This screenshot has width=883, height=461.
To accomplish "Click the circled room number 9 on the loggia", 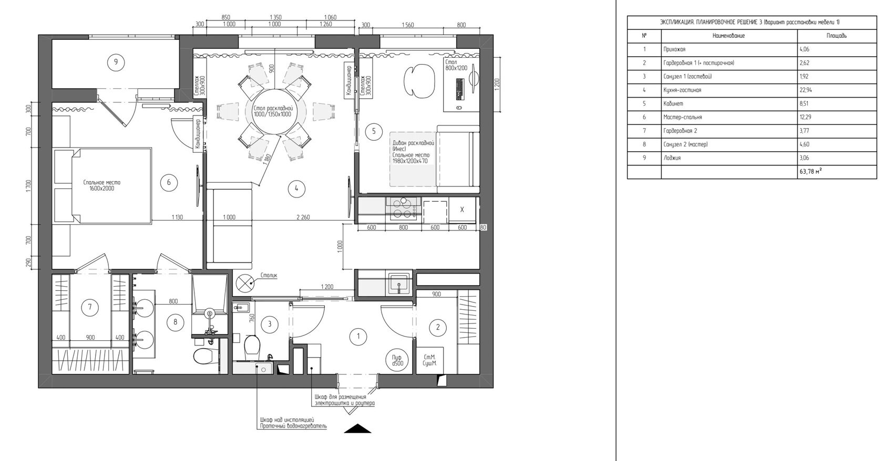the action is [116, 62].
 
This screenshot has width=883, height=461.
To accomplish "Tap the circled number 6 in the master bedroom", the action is [169, 182].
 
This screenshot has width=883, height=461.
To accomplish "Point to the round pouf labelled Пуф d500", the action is [398, 360].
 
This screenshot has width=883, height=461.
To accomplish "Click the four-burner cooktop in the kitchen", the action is [403, 208].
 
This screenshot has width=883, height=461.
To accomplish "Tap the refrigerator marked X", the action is [462, 209].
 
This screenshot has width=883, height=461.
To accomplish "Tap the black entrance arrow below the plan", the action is [357, 428].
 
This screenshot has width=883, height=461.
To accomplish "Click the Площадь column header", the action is [837, 35].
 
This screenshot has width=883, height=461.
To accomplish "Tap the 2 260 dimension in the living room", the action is [303, 217].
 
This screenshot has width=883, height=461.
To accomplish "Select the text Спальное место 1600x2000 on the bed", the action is [102, 185].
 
